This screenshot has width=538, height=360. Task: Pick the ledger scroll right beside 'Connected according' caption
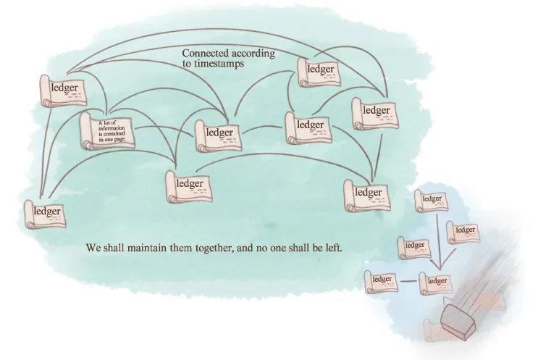319,71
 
